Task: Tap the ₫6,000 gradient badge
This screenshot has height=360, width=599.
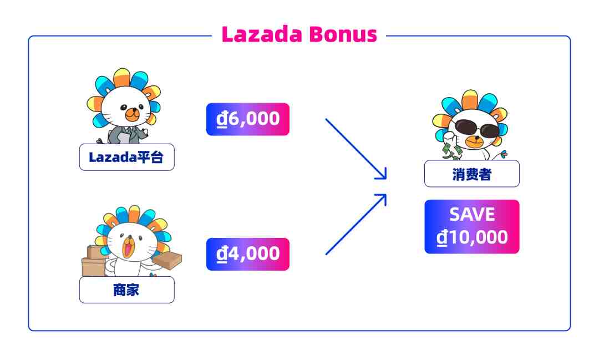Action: (x=248, y=119)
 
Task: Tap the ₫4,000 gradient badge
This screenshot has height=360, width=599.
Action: (x=248, y=254)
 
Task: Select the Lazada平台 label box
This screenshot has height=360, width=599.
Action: (x=126, y=157)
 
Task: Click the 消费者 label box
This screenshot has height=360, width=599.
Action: (x=471, y=174)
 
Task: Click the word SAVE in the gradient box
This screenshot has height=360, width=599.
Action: (x=471, y=215)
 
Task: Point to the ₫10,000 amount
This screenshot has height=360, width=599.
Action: (x=471, y=237)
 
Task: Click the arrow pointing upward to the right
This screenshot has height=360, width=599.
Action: (x=355, y=225)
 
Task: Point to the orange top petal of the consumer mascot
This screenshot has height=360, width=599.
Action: (x=470, y=99)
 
